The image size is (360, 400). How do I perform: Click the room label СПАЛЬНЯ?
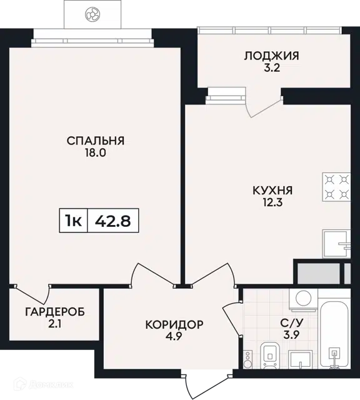[x=96, y=141]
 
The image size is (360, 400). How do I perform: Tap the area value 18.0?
[x=96, y=153]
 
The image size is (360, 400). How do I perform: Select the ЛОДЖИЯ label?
[x=272, y=56]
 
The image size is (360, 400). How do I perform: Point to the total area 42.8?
[x=112, y=221]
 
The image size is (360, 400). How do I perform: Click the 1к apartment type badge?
[x=74, y=221]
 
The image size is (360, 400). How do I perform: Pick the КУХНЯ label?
[x=272, y=191]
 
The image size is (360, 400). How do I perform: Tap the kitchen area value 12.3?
[x=272, y=202]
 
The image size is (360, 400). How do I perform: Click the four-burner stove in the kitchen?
[x=336, y=187]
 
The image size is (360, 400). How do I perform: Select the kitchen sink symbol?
[x=336, y=244]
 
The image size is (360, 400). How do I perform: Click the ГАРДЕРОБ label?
[x=55, y=312]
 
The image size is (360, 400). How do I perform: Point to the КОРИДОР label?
[x=174, y=324]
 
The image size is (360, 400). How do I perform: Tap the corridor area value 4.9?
[x=174, y=337]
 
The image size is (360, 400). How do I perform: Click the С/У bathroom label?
[x=292, y=323]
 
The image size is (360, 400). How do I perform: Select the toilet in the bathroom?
[x=271, y=355]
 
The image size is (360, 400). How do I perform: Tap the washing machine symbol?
[x=303, y=299]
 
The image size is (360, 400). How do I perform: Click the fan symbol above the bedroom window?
[x=92, y=14]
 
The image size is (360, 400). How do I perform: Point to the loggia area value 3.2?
[x=272, y=68]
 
